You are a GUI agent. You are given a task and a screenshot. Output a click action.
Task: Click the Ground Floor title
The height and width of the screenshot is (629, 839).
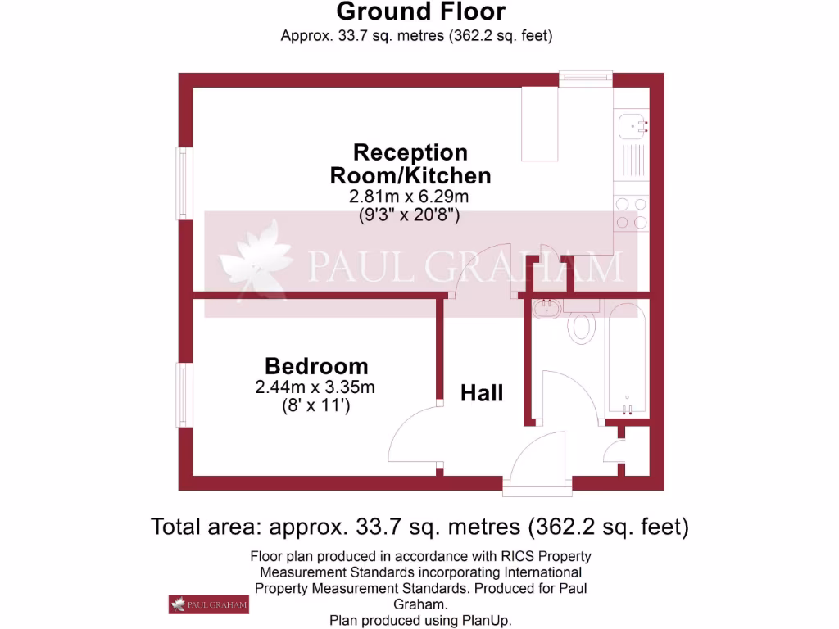(421, 12)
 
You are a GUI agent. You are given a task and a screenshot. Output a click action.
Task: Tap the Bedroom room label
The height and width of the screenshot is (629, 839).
(316, 366)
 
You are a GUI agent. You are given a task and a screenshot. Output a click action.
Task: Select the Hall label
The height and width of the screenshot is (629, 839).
(482, 393)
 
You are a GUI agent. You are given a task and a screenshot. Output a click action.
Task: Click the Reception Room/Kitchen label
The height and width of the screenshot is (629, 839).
(410, 164)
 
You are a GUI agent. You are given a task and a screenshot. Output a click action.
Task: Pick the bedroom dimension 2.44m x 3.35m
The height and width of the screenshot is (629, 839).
(315, 387)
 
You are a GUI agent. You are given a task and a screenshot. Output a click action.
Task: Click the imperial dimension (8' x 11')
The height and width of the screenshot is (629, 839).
(315, 405)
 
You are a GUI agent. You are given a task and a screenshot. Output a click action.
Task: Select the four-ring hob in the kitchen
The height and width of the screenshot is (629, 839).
(631, 212)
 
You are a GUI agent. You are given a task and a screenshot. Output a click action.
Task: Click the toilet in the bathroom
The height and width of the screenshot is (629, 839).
(583, 324)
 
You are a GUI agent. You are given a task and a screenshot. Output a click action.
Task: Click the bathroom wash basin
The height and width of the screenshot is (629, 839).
(545, 310)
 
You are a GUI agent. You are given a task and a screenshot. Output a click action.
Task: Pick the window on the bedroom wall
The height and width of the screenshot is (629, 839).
(184, 395)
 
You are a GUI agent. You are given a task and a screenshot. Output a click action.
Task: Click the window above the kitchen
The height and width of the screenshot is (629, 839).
(586, 77)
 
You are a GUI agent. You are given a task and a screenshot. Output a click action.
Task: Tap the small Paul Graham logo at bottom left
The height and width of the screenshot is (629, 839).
(209, 604)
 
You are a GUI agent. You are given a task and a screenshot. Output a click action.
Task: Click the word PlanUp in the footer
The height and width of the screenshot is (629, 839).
(488, 620)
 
